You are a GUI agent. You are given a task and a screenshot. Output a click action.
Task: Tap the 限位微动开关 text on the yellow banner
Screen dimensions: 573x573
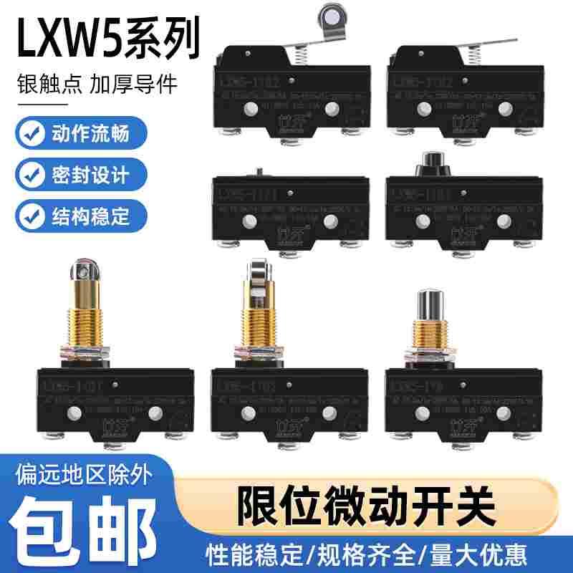(365, 505)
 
